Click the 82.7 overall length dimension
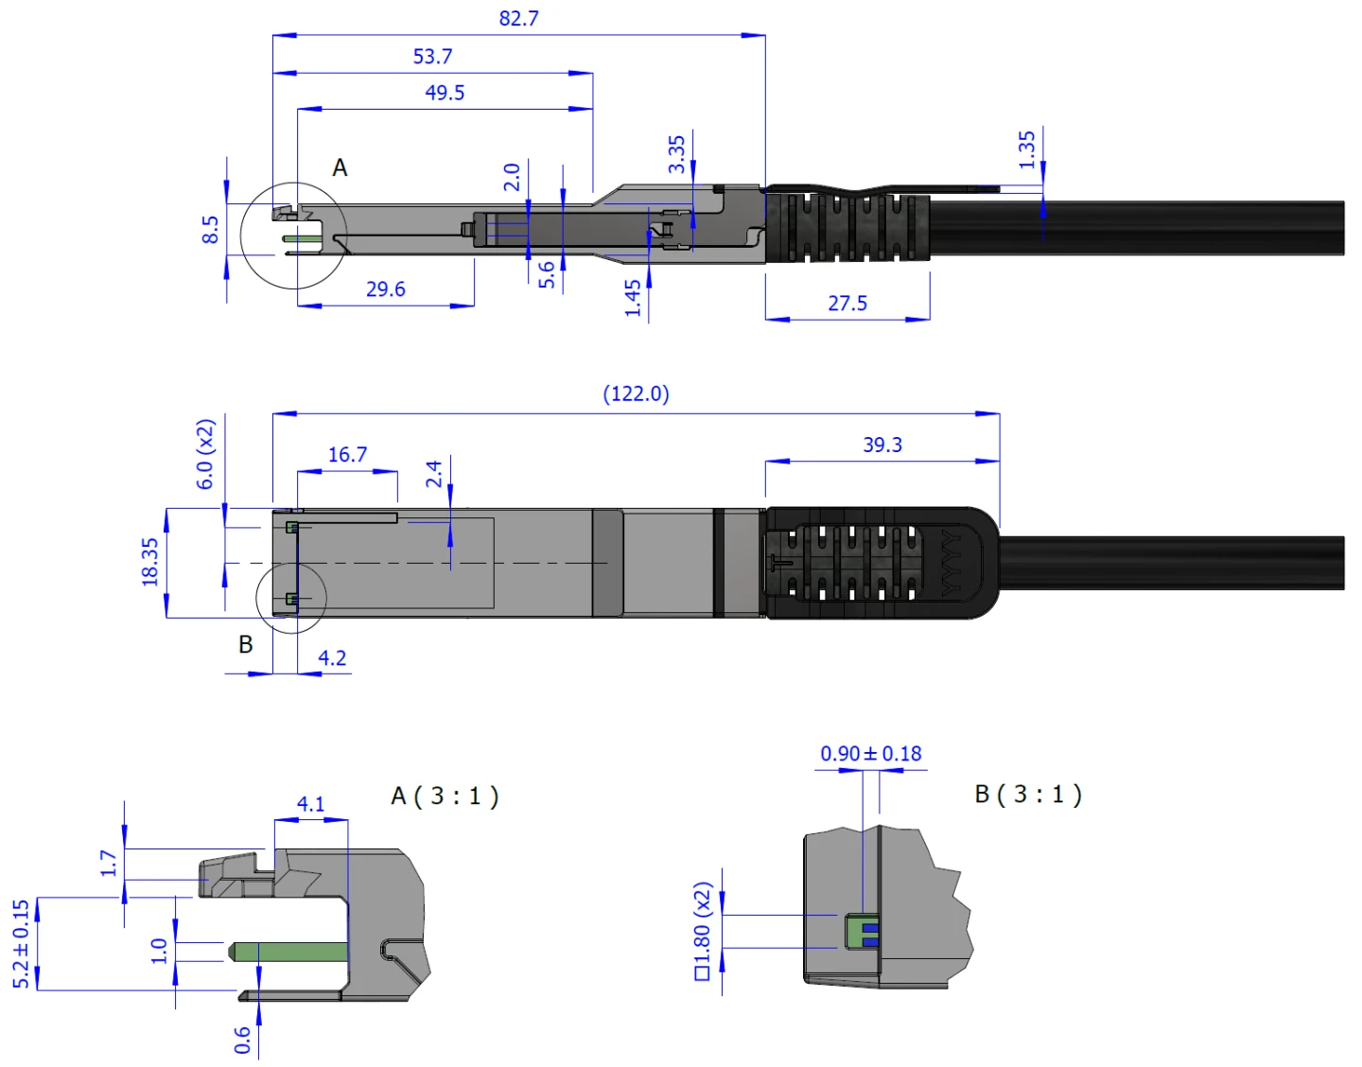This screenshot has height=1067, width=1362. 518,19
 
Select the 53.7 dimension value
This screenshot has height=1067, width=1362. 432,57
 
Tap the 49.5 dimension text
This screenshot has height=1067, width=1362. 445,93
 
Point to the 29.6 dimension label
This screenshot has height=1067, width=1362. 385,289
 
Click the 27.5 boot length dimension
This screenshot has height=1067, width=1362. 847,304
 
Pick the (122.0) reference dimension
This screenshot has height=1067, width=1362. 636,394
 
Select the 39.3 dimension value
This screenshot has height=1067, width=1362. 882,445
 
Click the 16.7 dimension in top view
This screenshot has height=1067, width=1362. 347,455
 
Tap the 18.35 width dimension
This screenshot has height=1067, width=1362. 150,562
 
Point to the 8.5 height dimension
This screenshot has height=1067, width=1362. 210,229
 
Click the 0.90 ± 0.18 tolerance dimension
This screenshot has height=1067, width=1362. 870,754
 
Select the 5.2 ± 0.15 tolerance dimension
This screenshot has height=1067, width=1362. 21,944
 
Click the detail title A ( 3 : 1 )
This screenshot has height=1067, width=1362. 445,796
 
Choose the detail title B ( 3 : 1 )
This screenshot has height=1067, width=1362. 1028,794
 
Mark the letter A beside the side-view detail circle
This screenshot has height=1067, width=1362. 340,168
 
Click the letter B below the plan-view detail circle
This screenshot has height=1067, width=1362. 246,645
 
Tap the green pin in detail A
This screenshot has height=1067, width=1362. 288,952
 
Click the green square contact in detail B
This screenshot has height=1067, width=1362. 862,932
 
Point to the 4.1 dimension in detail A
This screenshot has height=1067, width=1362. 310,804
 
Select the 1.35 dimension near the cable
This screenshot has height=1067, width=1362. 1027,149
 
